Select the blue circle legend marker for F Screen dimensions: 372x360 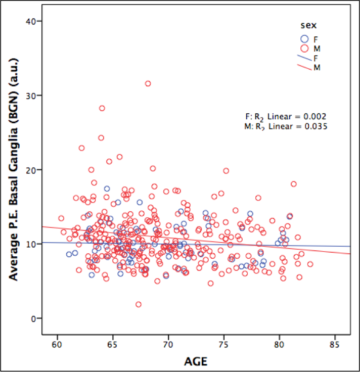pyautogui.click(x=304, y=38)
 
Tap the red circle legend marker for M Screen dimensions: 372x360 pyautogui.click(x=304, y=48)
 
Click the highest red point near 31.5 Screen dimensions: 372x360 pyautogui.click(x=148, y=83)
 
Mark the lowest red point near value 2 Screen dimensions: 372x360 pyautogui.click(x=139, y=304)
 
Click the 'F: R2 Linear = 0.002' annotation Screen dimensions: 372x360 pyautogui.click(x=285, y=116)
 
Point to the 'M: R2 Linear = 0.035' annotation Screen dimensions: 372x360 pyautogui.click(x=285, y=127)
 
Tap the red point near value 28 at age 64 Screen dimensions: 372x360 pyautogui.click(x=102, y=108)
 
